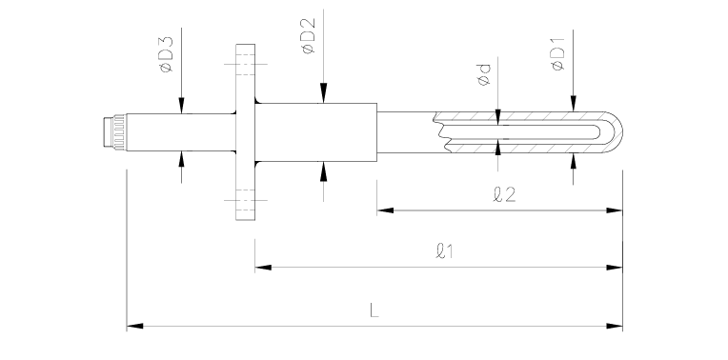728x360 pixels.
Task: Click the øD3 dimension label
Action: pos(166,54)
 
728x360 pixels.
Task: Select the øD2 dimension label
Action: pos(309,36)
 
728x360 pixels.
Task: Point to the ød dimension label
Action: pos(484,74)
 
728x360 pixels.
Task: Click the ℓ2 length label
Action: pos(504,194)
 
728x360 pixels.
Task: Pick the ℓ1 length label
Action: pos(445,251)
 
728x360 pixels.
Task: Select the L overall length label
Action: pos(374,310)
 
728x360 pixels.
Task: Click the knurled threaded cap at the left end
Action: pos(114,132)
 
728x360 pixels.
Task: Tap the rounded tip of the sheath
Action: pos(615,132)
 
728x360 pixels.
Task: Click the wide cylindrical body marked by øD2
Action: pos(315,132)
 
